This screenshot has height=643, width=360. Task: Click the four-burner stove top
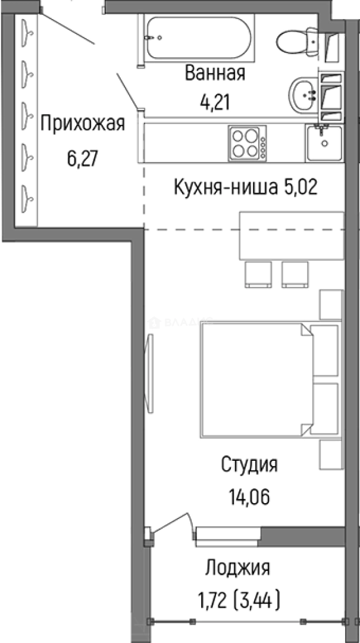(x=246, y=143)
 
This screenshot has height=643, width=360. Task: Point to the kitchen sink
(x=324, y=143)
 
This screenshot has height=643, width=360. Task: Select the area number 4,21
(x=215, y=102)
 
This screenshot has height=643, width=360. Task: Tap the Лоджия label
(x=237, y=567)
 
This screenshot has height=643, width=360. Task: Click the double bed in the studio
(x=256, y=381)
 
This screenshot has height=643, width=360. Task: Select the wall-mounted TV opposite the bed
(x=150, y=372)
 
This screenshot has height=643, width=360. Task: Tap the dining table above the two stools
(x=292, y=236)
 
